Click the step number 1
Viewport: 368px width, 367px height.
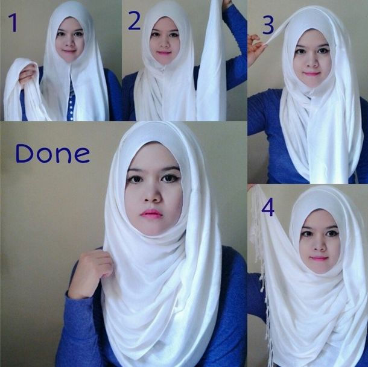tap(14, 22)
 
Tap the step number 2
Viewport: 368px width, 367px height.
tap(135, 21)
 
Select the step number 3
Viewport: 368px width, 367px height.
tap(268, 25)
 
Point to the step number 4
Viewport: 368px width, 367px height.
tap(268, 208)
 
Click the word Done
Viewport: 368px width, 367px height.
tap(52, 154)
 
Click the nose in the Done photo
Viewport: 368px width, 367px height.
tap(153, 195)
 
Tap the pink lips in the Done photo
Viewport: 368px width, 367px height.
tap(151, 213)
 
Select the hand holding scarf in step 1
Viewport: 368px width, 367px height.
tap(27, 74)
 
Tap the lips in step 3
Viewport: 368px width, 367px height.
tap(311, 74)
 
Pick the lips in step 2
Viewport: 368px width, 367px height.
tap(164, 53)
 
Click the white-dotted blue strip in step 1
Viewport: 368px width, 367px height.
tap(71, 103)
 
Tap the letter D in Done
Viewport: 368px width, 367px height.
tap(24, 154)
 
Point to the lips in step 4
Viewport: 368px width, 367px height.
tap(319, 259)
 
